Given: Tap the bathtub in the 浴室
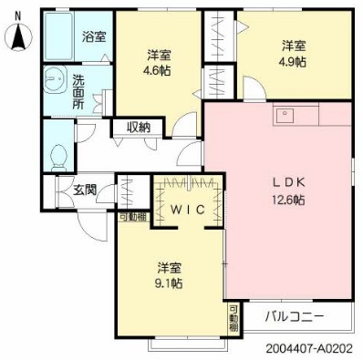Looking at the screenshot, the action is click(59, 36).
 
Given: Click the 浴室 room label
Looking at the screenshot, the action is click(94, 36).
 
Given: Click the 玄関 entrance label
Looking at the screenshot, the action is click(85, 190).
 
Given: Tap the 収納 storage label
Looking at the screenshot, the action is click(139, 127).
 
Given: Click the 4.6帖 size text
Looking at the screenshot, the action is click(157, 71).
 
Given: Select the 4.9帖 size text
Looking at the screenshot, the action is click(293, 62).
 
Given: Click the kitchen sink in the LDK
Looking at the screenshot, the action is click(285, 115).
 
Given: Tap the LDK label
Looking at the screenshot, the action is click(287, 182).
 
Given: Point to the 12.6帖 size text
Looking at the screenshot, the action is click(288, 200).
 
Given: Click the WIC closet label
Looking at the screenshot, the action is click(187, 210).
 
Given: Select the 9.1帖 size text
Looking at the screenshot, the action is click(169, 283).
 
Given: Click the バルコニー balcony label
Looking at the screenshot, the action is click(295, 317).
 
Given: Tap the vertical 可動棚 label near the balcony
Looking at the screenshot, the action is click(233, 318).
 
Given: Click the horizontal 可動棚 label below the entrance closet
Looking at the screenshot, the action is click(133, 217).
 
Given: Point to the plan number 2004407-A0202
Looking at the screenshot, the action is click(309, 348).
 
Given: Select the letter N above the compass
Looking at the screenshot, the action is click(18, 15).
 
